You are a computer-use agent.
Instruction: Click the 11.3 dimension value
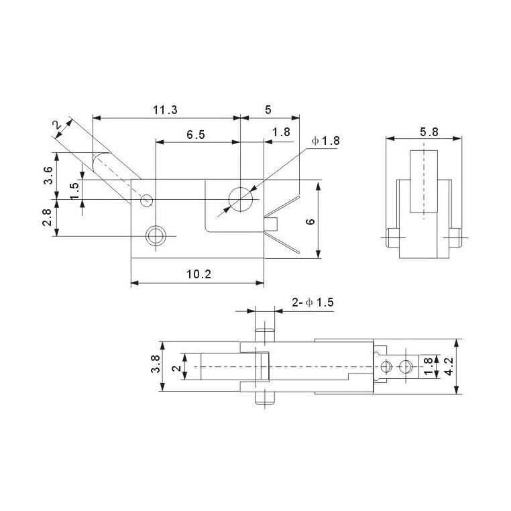(165, 110)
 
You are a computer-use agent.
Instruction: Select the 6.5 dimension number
(196, 135)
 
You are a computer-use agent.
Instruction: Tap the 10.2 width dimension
(198, 274)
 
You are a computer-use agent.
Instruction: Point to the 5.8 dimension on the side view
(429, 132)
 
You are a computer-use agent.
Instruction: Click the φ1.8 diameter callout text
(325, 141)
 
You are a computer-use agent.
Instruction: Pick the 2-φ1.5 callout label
(313, 302)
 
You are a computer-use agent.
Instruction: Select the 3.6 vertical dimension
(48, 175)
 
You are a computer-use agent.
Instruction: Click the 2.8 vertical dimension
(47, 217)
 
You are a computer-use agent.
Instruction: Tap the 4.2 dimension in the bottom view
(449, 366)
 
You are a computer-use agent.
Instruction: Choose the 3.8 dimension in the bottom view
(156, 363)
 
